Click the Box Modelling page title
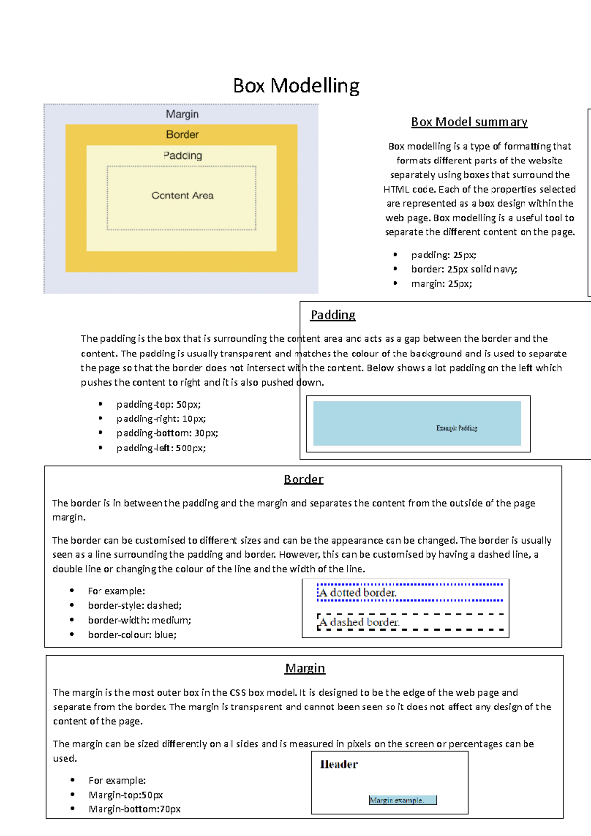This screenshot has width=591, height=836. (296, 86)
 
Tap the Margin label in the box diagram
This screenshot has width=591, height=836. (182, 114)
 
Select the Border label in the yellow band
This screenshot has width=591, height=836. (182, 134)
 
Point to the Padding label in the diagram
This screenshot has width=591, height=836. (182, 156)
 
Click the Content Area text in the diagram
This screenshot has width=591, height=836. (182, 195)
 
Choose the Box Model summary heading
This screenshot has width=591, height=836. (469, 122)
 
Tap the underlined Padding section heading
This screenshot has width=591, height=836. (333, 315)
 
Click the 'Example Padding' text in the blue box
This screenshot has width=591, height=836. (457, 428)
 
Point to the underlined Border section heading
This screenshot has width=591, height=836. (303, 479)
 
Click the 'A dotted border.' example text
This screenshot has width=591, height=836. (358, 593)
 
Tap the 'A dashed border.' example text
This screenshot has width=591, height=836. (360, 622)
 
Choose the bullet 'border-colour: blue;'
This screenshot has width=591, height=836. (132, 635)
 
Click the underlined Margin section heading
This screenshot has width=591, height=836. (305, 668)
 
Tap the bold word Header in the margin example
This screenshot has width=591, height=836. (339, 764)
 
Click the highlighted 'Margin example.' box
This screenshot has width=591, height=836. (403, 800)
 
